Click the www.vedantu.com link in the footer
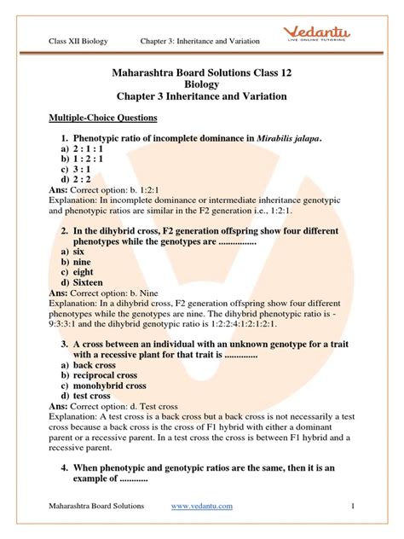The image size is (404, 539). click(x=201, y=506)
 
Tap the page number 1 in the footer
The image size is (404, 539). click(x=351, y=506)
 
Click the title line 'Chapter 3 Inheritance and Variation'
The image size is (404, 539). click(x=201, y=98)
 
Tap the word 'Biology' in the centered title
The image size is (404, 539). click(x=201, y=85)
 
